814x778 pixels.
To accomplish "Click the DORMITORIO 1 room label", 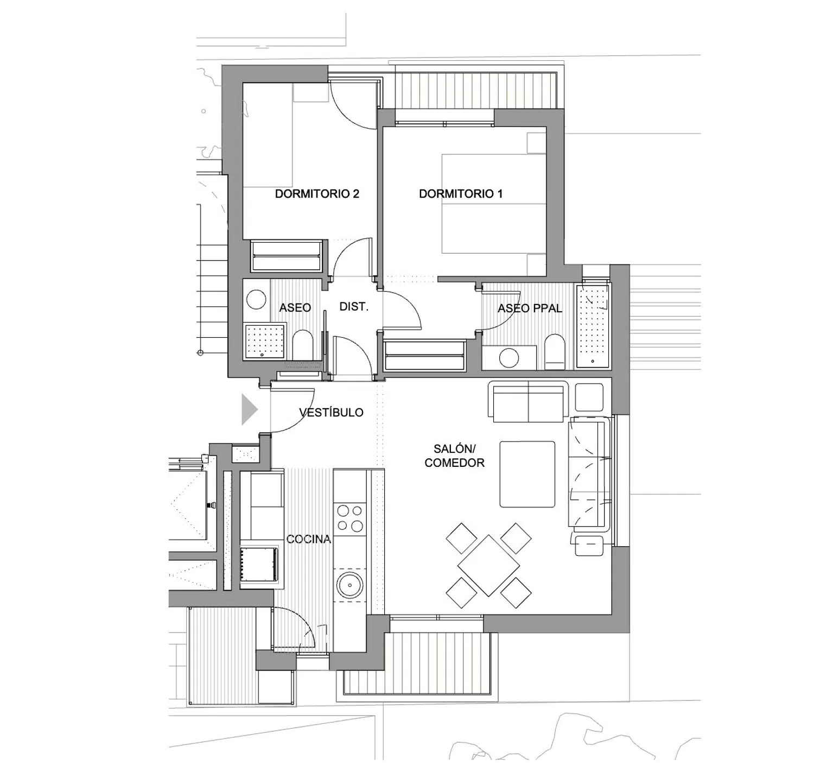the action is [x=461, y=194].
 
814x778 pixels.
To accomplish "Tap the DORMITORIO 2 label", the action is [x=317, y=194].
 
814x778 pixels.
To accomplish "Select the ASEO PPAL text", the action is [x=530, y=308].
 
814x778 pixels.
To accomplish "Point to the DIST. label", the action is [x=354, y=307].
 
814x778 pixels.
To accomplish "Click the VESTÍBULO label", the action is [x=331, y=412].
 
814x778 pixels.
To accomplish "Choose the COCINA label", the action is [x=308, y=539].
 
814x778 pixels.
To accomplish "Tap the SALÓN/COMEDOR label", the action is [x=455, y=456].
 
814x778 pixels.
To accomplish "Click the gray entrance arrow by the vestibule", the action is [x=249, y=409].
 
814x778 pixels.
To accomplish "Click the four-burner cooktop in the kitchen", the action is [x=350, y=518].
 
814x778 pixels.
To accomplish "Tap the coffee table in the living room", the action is [x=527, y=474].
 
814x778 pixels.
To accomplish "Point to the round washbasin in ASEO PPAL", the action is [x=509, y=358].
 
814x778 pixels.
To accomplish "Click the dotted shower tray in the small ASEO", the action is [x=265, y=341].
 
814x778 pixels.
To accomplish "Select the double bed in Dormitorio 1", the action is [x=493, y=204].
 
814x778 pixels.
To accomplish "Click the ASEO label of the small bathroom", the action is [x=295, y=308].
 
